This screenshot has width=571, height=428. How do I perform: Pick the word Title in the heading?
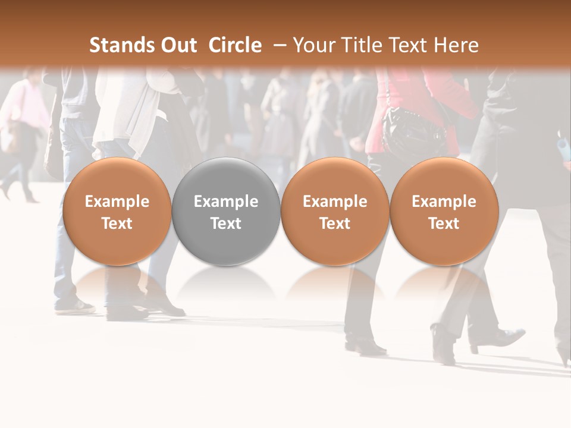pos(364,45)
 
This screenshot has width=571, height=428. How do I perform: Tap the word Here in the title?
pos(457,45)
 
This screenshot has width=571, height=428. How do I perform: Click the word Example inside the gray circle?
pos(226,202)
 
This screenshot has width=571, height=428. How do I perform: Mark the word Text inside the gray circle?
pos(226,224)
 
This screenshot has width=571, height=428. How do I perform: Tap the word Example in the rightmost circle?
pos(444,202)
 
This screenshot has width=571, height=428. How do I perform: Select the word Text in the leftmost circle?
pos(117,224)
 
